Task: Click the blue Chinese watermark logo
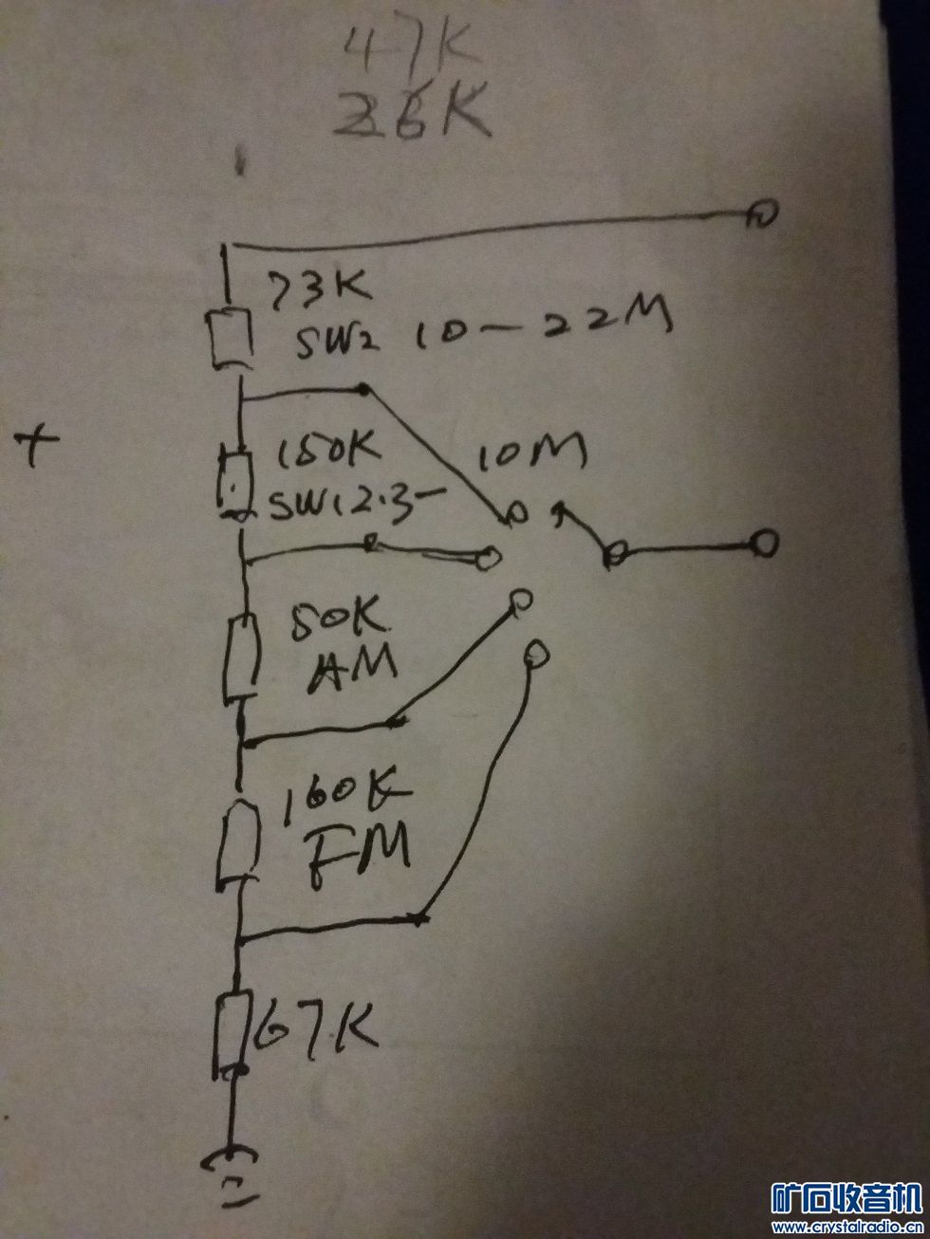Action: tap(846, 1205)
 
